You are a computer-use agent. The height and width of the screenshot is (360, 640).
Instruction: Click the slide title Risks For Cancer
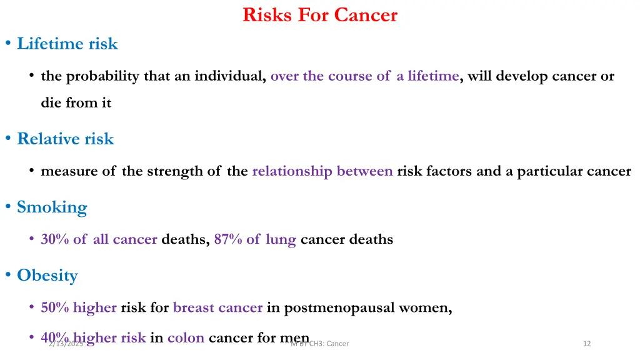tap(320, 14)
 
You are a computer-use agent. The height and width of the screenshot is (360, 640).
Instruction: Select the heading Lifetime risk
tap(67, 44)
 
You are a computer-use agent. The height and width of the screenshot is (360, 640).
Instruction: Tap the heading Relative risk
tap(65, 139)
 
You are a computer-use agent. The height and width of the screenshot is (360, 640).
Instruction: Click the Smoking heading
tap(52, 207)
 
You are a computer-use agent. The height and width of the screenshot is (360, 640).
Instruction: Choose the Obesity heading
tap(47, 275)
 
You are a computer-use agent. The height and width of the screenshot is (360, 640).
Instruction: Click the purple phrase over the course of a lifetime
tap(365, 76)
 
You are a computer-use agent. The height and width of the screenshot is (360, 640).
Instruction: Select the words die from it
tap(76, 103)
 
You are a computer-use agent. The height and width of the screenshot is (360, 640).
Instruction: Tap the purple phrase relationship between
tap(322, 171)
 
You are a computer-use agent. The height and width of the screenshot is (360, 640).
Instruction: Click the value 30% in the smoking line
tap(55, 239)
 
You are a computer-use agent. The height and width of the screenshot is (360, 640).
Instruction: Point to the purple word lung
tap(281, 239)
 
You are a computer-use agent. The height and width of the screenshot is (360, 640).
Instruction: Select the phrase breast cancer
tap(217, 307)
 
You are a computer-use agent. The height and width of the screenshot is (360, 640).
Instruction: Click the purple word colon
tap(186, 338)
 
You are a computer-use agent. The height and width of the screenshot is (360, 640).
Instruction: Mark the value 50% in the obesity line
tap(55, 307)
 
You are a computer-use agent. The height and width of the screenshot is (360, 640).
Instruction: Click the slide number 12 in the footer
tap(586, 343)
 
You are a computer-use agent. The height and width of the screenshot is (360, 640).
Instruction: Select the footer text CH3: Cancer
tap(329, 343)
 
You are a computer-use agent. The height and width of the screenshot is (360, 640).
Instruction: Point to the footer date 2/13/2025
tap(65, 343)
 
